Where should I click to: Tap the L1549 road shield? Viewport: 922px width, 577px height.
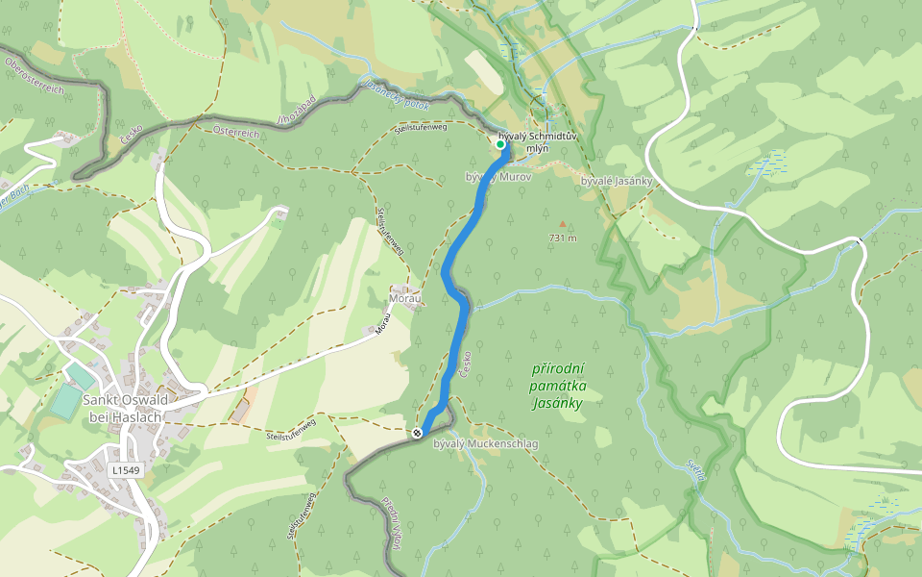point(125,470)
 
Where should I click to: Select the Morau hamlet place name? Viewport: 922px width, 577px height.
point(405,299)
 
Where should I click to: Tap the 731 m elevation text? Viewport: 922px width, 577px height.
point(563,238)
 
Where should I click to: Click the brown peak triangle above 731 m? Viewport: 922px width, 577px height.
point(563,224)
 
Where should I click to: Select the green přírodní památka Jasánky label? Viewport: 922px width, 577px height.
point(558,386)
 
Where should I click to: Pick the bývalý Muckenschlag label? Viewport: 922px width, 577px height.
point(485,444)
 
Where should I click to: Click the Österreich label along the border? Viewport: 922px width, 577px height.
point(236,133)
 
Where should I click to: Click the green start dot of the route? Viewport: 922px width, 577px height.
point(500,144)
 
